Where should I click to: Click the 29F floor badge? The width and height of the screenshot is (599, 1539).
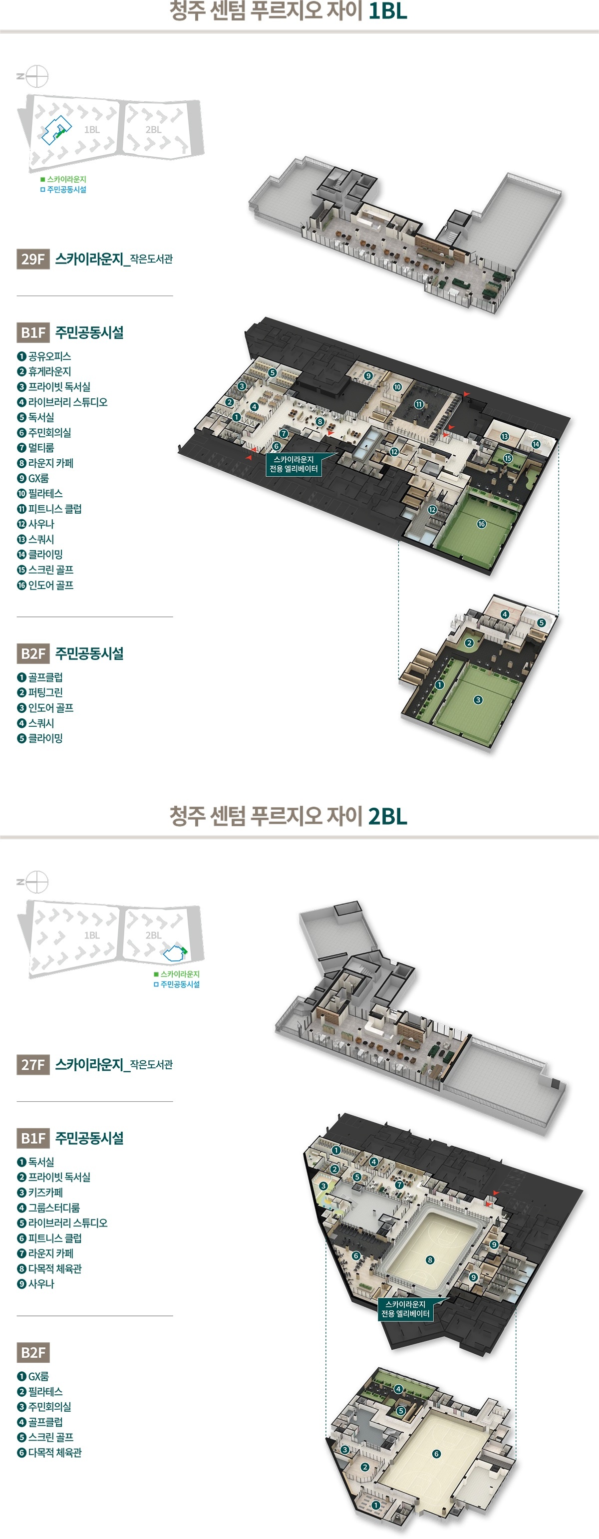[x=33, y=259]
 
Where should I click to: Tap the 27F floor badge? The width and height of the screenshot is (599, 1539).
[x=33, y=1064]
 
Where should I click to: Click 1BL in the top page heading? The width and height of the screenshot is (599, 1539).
[x=387, y=11]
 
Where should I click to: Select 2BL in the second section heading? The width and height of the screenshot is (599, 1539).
[x=387, y=816]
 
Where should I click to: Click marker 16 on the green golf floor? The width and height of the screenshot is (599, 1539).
[x=481, y=524]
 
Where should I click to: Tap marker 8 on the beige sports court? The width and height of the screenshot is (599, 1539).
[x=430, y=1260]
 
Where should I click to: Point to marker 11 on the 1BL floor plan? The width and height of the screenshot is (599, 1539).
[x=419, y=404]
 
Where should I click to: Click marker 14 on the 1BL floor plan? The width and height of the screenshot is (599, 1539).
[x=536, y=444]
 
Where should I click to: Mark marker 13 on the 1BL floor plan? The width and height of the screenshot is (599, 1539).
[x=505, y=437]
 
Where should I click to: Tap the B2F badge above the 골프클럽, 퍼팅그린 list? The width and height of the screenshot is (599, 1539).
[x=33, y=653]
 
